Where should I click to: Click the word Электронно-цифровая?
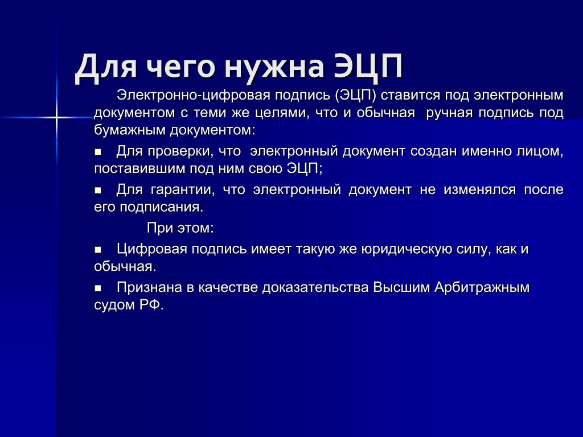point(194,96)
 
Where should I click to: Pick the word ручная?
point(450,113)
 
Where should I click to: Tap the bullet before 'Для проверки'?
point(98,152)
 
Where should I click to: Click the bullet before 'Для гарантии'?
point(98,191)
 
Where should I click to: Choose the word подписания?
point(161,207)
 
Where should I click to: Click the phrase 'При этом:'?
point(180,228)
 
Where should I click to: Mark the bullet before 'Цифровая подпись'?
point(98,250)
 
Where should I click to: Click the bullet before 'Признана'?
point(98,288)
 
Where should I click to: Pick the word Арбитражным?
point(482,287)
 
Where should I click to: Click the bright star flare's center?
point(56,118)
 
